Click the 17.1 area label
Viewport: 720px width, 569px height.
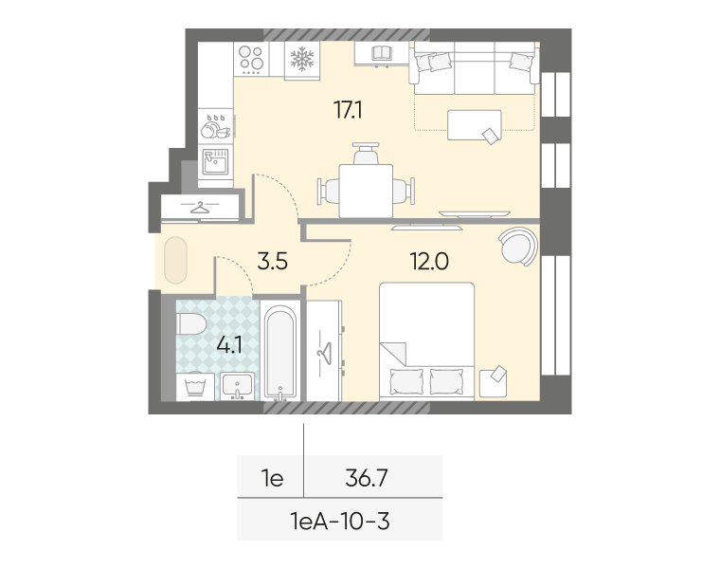[348, 110]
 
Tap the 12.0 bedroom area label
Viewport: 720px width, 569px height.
[429, 262]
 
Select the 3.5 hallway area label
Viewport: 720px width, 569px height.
[272, 262]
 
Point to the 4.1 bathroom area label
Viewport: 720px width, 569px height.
[229, 345]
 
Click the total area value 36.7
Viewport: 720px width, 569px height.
[367, 479]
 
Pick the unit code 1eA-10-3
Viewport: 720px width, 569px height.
[340, 522]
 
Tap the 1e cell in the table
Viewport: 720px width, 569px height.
[272, 479]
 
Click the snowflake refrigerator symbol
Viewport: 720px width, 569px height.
[302, 60]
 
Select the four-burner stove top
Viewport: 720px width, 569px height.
[251, 59]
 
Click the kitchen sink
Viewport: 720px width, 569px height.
[216, 161]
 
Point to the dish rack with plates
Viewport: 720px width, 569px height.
[216, 126]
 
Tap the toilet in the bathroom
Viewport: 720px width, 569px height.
[191, 324]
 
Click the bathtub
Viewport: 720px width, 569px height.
[280, 353]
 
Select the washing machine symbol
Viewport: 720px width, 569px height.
[195, 386]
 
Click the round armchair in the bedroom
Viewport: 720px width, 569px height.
[519, 247]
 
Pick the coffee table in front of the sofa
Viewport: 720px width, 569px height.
[475, 125]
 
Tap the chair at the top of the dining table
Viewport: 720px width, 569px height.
[366, 154]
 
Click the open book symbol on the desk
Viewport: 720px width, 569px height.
[381, 53]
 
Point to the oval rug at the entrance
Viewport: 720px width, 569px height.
[175, 260]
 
